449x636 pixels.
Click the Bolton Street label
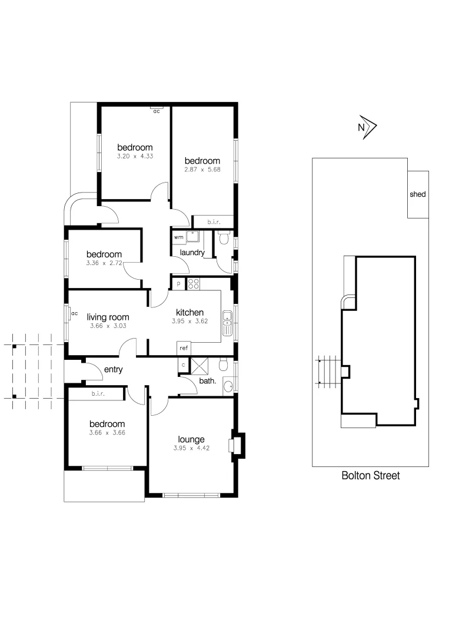click(370, 476)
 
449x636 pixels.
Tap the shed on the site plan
click(418, 194)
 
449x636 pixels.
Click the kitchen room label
click(189, 312)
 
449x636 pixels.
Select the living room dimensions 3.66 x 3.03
click(108, 326)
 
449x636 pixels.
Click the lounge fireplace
click(237, 445)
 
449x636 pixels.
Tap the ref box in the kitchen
click(184, 348)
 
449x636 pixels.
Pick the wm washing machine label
click(178, 237)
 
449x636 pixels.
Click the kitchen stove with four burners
click(194, 284)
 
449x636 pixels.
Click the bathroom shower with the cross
click(202, 366)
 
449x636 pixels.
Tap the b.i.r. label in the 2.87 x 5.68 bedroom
click(213, 222)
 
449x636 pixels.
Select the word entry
click(113, 369)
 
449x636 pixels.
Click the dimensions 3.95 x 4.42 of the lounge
click(191, 448)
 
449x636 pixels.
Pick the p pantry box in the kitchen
click(178, 284)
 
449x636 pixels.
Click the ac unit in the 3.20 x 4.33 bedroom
click(157, 110)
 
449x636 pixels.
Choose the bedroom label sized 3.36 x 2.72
click(103, 254)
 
